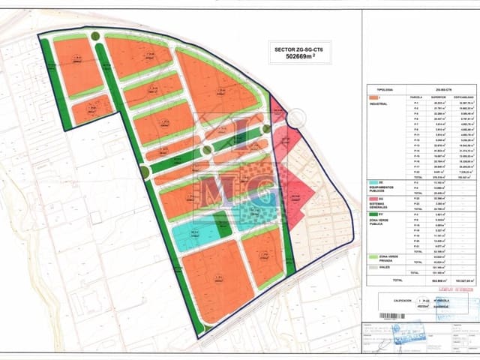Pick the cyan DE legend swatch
pyautogui.click(x=373, y=182)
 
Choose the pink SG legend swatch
pyautogui.click(x=373, y=198)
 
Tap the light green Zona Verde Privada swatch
pyautogui.click(x=373, y=256)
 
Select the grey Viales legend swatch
pyautogui.click(x=373, y=266)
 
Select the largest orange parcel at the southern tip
pyautogui.click(x=217, y=278)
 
